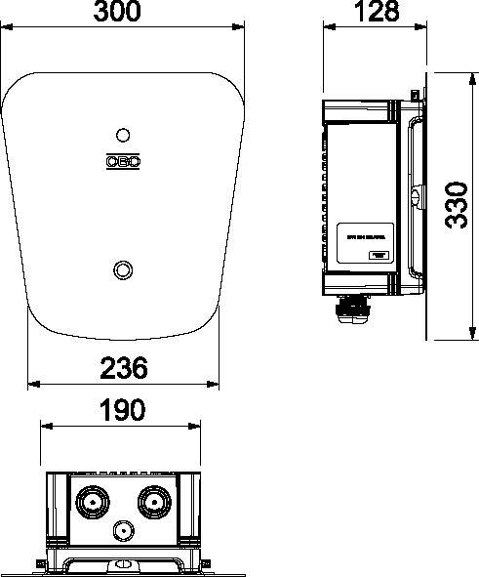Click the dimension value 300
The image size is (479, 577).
coord(123,13)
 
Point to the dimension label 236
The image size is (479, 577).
coord(123,368)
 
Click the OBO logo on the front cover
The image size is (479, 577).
coord(123,162)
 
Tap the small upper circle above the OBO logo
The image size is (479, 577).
coord(123,135)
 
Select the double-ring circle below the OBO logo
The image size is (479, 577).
coord(123,268)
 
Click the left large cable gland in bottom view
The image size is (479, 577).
coord(94,502)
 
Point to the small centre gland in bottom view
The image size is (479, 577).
coord(123,532)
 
